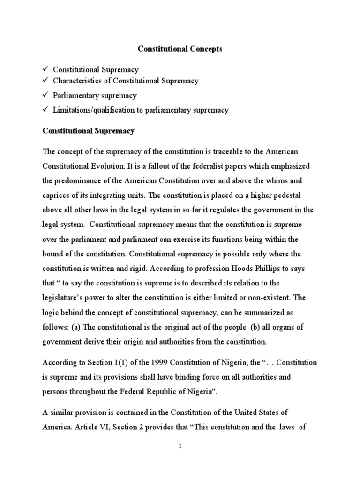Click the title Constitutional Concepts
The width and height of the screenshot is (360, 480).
tap(180, 48)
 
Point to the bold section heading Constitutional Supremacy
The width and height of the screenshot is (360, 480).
tap(89, 131)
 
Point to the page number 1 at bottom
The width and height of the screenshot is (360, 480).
tap(180, 447)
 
